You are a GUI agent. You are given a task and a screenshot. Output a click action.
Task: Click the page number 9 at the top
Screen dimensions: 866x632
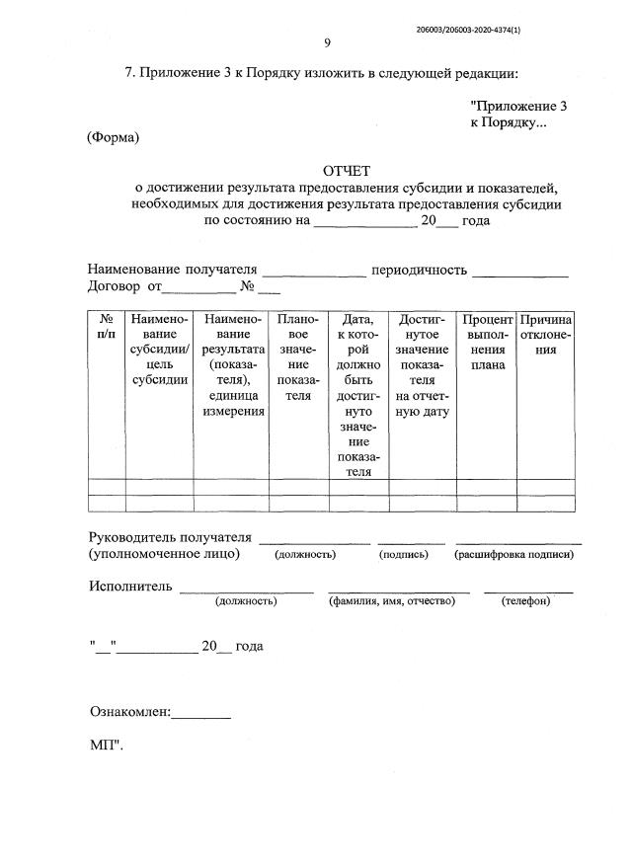327,41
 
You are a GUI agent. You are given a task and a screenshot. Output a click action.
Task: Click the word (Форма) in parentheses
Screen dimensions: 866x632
114,137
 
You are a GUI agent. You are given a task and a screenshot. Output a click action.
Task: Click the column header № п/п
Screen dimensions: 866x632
107,328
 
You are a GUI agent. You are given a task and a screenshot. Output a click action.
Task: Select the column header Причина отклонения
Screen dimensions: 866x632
546,336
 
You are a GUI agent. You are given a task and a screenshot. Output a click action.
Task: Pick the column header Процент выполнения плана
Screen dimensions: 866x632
487,343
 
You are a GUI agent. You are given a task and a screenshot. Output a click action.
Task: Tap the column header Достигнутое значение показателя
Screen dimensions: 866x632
423,365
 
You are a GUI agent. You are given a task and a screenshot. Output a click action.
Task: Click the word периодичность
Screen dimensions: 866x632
419,270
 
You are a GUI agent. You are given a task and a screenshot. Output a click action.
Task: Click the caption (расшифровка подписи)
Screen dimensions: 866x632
513,554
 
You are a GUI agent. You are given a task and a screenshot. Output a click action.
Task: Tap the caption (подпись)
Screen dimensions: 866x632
404,554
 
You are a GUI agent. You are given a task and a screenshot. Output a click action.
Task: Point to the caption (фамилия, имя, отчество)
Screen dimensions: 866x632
399,600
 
